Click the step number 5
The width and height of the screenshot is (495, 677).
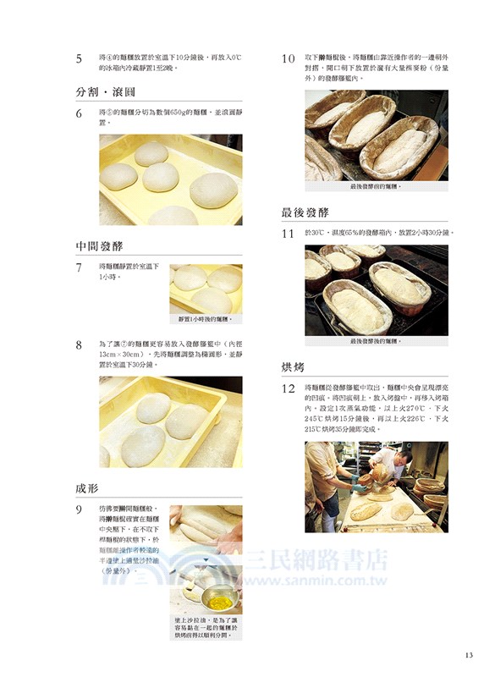(x=79, y=59)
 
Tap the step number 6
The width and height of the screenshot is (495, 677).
(x=79, y=113)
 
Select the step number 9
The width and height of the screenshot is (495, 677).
(x=79, y=509)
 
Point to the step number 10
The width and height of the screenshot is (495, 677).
(x=288, y=59)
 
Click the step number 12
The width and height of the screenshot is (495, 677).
(x=288, y=388)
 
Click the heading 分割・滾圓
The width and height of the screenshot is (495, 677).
(x=106, y=91)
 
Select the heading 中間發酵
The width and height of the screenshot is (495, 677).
(x=99, y=246)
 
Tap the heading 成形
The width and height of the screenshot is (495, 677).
(x=88, y=488)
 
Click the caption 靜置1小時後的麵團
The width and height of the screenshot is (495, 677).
(x=206, y=319)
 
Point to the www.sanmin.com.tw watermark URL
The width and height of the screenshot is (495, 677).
(x=321, y=581)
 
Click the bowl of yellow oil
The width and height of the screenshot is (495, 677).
(x=217, y=603)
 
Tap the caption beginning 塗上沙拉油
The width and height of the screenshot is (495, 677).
(x=206, y=630)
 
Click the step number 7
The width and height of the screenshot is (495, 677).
(x=79, y=267)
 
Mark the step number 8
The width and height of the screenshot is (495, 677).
(x=79, y=345)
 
